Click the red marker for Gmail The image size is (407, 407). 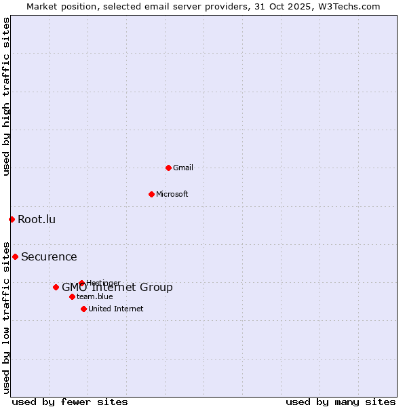pyautogui.click(x=168, y=168)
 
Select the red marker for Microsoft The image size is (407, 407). pyautogui.click(x=151, y=194)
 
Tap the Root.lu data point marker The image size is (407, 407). pyautogui.click(x=12, y=219)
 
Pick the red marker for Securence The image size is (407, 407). pyautogui.click(x=15, y=256)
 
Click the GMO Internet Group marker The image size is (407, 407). pyautogui.click(x=56, y=287)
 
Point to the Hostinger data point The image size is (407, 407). pyautogui.click(x=81, y=283)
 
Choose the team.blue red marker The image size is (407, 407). pyautogui.click(x=72, y=296)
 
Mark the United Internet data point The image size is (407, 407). pyautogui.click(x=83, y=309)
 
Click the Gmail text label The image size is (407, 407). pyautogui.click(x=183, y=168)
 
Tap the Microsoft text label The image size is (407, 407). pyautogui.click(x=172, y=194)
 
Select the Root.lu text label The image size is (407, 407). pyautogui.click(x=37, y=219)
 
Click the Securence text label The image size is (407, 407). pyautogui.click(x=49, y=256)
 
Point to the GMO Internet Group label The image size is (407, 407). pyautogui.click(x=117, y=288)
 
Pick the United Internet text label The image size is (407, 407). pyautogui.click(x=116, y=309)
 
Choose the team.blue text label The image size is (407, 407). pyautogui.click(x=95, y=296)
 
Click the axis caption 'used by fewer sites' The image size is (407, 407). pyautogui.click(x=70, y=402)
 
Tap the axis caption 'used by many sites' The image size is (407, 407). pyautogui.click(x=341, y=402)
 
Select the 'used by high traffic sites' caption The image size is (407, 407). pyautogui.click(x=6, y=96)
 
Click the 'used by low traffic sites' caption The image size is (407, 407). pyautogui.click(x=6, y=317)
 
